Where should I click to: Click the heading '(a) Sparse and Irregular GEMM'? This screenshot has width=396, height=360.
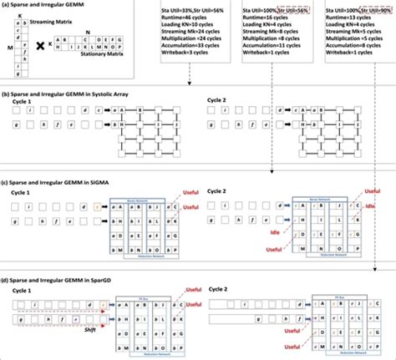pyautogui.click(x=43, y=5)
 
